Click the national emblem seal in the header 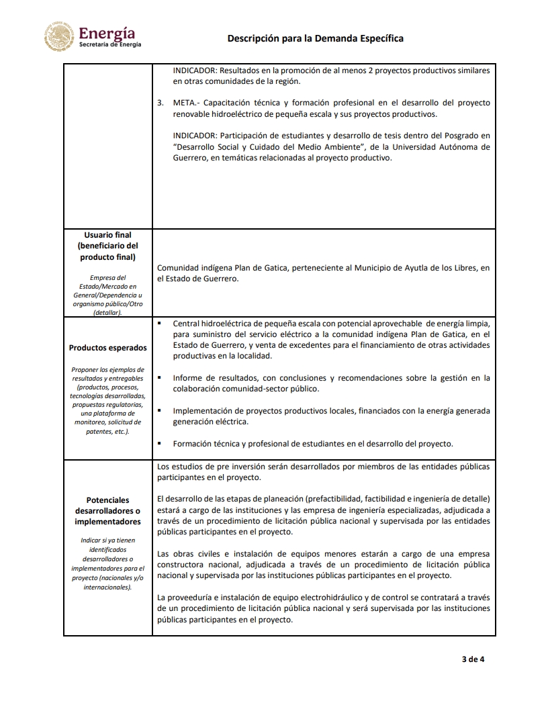click(x=58, y=37)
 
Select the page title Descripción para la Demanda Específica click(x=316, y=38)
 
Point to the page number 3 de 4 click(x=473, y=659)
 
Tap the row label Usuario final click(x=108, y=235)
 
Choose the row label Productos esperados click(x=108, y=348)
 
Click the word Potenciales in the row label click(x=108, y=500)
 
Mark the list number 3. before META click(x=160, y=103)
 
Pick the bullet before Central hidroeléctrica click(x=160, y=323)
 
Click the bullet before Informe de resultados click(x=160, y=377)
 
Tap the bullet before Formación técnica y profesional click(x=160, y=443)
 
